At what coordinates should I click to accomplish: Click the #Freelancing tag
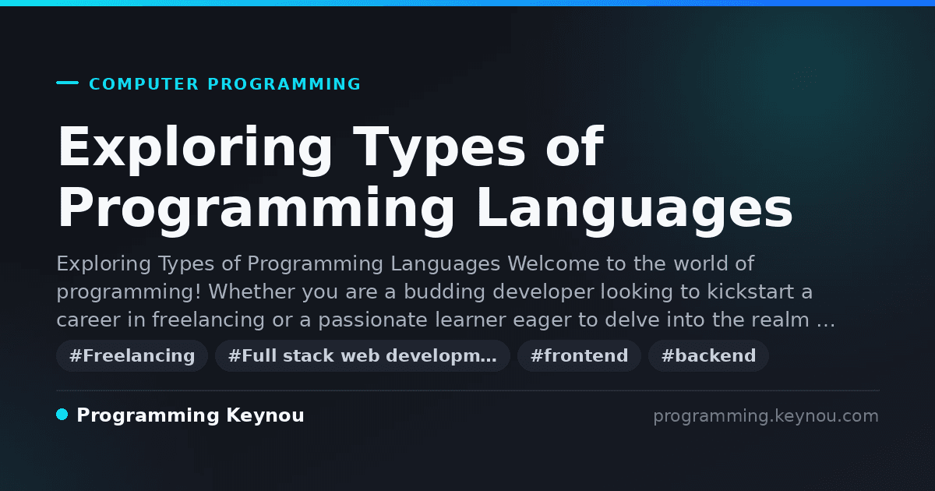point(132,355)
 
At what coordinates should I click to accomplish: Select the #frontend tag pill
point(579,355)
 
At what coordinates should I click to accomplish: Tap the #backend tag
point(708,355)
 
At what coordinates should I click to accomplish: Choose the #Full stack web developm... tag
point(362,355)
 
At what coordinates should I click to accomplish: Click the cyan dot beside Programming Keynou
point(62,415)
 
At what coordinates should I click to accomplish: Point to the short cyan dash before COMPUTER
point(67,83)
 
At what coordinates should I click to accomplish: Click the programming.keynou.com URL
point(766,416)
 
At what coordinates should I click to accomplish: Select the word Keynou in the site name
point(265,415)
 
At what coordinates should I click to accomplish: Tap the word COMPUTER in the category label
point(143,84)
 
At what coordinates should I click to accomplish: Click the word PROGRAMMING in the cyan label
point(284,84)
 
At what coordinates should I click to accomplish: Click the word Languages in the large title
point(634,208)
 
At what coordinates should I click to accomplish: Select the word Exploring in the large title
point(195,148)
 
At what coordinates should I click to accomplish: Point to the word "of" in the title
point(574,147)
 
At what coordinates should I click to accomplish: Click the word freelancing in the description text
point(208,320)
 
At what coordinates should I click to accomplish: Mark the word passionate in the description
point(372,320)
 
